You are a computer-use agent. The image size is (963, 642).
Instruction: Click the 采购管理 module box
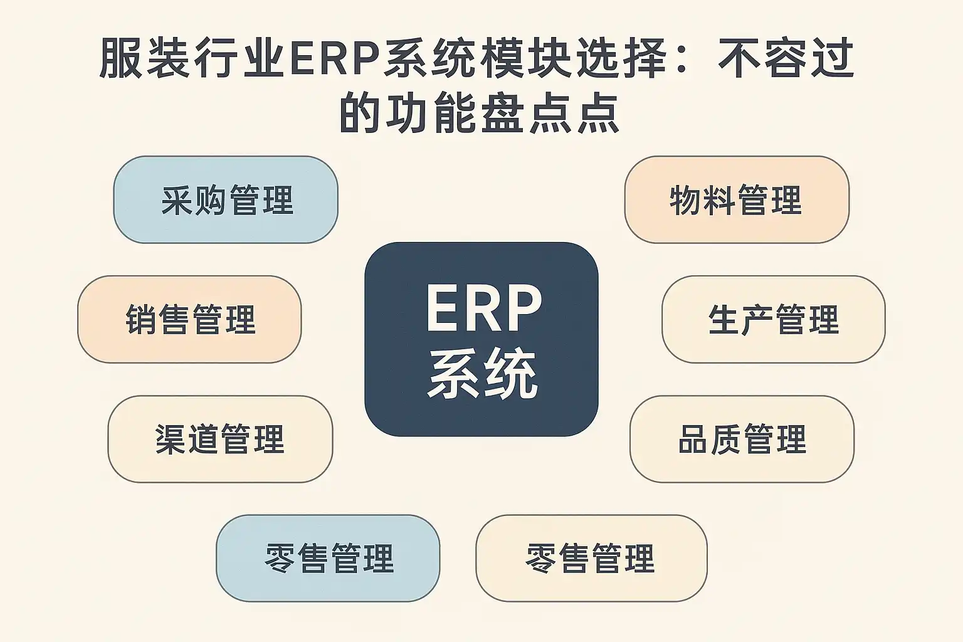click(x=226, y=199)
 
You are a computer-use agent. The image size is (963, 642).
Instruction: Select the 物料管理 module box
click(x=737, y=199)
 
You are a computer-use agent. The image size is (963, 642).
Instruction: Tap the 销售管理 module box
click(x=189, y=319)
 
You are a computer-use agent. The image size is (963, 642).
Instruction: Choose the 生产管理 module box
click(x=773, y=319)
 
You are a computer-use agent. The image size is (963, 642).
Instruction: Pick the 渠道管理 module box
click(x=220, y=439)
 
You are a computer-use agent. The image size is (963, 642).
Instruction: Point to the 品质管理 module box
click(x=742, y=439)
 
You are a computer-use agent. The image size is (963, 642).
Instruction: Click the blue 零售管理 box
click(x=328, y=558)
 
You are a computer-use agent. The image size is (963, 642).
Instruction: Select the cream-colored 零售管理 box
click(x=591, y=558)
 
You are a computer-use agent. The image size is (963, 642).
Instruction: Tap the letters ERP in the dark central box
click(x=483, y=309)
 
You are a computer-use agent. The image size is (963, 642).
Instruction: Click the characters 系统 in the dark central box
click(x=483, y=374)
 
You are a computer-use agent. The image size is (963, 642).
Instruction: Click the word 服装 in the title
click(x=148, y=60)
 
